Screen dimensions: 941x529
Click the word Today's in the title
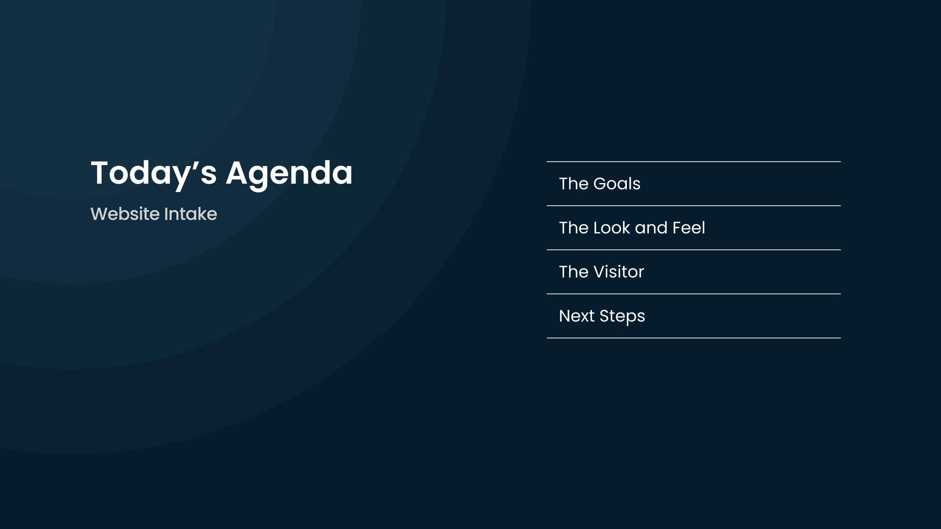click(x=154, y=173)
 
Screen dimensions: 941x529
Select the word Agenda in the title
click(x=289, y=174)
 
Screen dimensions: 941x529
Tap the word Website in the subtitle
click(x=125, y=214)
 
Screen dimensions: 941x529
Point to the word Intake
click(x=190, y=214)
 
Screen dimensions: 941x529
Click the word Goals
click(x=617, y=184)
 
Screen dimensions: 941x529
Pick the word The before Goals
click(x=574, y=184)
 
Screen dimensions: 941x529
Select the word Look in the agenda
click(x=612, y=228)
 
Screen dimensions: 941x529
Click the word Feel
click(x=689, y=228)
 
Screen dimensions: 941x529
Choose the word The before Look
click(x=574, y=228)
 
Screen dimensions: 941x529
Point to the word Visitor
click(x=619, y=272)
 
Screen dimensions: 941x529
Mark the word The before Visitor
click(x=574, y=272)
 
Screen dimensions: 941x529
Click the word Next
click(x=577, y=316)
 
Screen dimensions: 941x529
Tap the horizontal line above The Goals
click(x=693, y=161)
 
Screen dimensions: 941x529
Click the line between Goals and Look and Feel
click(x=693, y=206)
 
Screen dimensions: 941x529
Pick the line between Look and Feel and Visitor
click(x=693, y=250)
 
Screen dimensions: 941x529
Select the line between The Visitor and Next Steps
click(x=693, y=294)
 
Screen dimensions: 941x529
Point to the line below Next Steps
click(x=693, y=338)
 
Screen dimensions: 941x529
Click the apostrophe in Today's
click(x=194, y=165)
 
